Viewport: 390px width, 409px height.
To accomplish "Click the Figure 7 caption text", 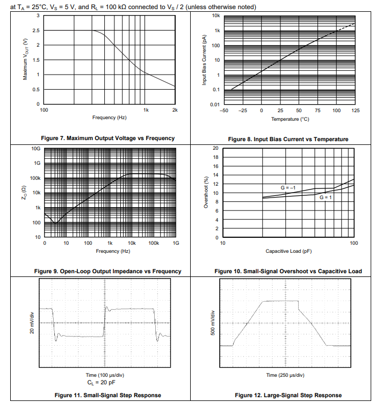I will point(108,138).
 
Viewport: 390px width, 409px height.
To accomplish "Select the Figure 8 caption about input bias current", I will point(288,139).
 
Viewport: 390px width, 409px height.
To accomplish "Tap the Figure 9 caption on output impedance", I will point(107,271).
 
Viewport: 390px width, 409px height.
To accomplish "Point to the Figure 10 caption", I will point(288,271).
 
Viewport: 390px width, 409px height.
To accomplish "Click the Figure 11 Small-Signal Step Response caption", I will point(108,395).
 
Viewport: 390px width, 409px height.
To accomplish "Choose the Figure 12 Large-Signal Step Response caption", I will point(288,395).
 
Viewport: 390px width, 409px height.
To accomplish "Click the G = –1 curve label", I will point(288,187).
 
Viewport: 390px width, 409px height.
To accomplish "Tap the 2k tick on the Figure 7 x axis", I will point(175,109).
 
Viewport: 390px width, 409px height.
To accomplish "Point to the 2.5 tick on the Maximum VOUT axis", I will point(35,31).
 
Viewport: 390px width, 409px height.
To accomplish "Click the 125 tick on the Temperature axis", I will point(355,110).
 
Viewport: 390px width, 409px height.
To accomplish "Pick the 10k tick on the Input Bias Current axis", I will point(215,16).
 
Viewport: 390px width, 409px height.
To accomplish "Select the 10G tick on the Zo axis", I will point(36,148).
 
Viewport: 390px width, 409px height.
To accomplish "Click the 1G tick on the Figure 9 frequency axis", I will point(176,243).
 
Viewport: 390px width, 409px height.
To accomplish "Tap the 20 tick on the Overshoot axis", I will point(215,148).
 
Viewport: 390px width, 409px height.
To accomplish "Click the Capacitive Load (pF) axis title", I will point(288,251).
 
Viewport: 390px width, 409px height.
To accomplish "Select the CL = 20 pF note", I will point(102,382).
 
